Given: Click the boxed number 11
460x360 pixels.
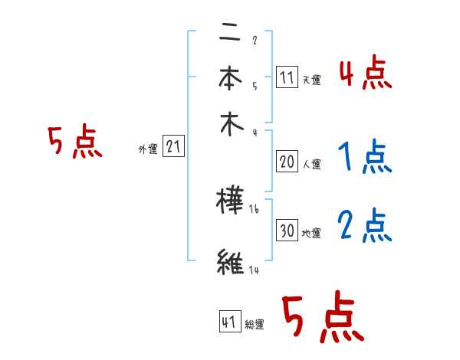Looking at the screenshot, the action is click(287, 77).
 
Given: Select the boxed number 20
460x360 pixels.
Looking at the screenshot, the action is click(287, 162).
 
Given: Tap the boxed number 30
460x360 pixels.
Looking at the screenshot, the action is click(287, 231).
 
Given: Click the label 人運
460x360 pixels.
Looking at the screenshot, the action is click(311, 164).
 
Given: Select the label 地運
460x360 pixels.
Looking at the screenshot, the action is click(311, 233).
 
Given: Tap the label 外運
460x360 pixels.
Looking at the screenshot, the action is click(148, 150).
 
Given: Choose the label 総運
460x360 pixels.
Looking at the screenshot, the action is click(255, 325).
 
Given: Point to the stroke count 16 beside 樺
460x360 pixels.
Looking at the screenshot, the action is click(254, 208).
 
